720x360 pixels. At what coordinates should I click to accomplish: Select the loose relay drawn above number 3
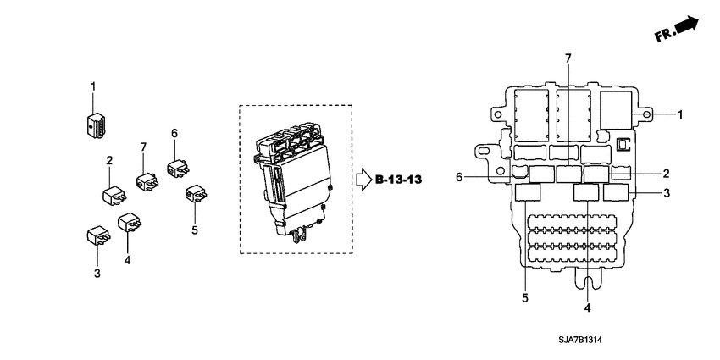[x=96, y=235]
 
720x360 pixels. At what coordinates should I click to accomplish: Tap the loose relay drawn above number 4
[x=130, y=224]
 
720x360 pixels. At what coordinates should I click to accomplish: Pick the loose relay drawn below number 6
[x=178, y=166]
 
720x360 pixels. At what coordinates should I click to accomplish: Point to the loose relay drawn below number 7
[x=146, y=180]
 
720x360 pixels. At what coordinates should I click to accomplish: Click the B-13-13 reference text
[x=399, y=180]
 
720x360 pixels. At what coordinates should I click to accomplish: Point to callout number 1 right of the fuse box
[x=679, y=114]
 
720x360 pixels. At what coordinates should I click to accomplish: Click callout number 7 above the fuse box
[x=568, y=58]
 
